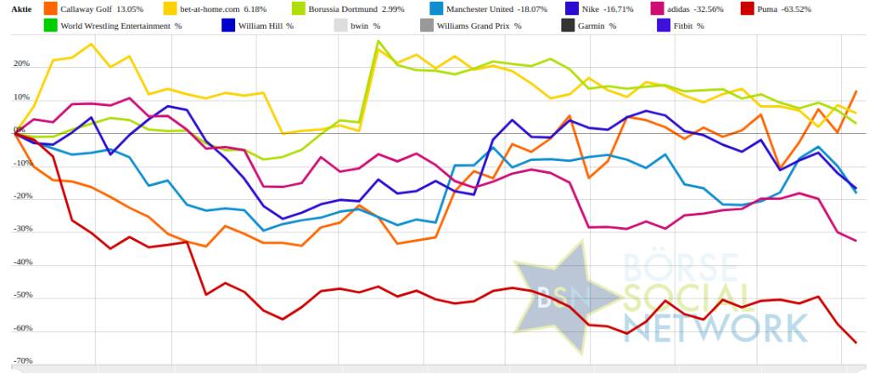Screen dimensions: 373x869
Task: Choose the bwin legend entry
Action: click(364, 26)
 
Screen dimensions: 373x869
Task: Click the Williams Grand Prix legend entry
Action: click(478, 26)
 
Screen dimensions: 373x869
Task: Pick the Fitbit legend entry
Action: click(688, 26)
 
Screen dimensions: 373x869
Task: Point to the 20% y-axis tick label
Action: click(20, 64)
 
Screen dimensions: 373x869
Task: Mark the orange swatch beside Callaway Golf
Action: click(51, 9)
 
